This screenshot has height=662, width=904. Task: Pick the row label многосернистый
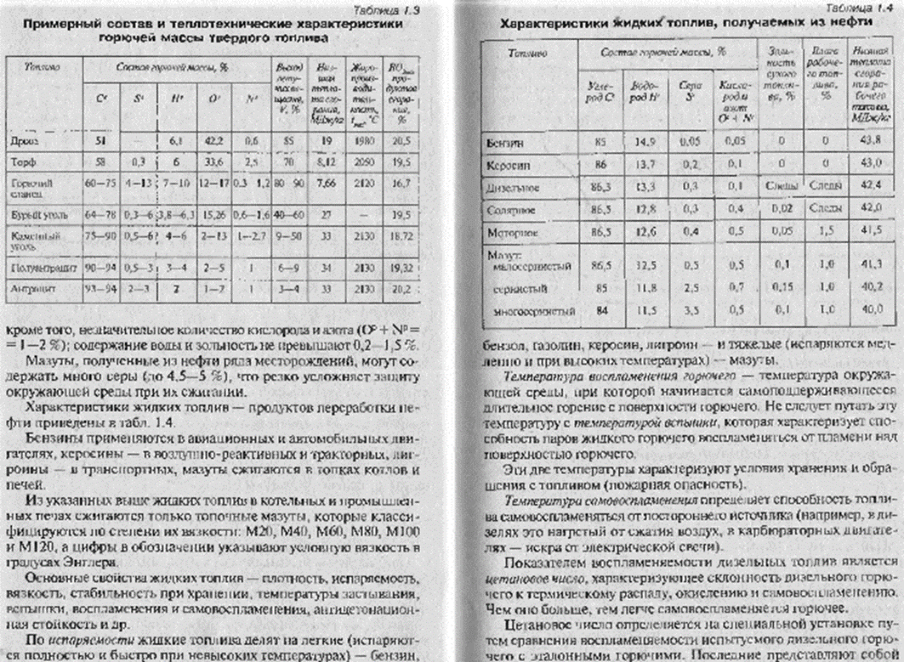pyautogui.click(x=535, y=312)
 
